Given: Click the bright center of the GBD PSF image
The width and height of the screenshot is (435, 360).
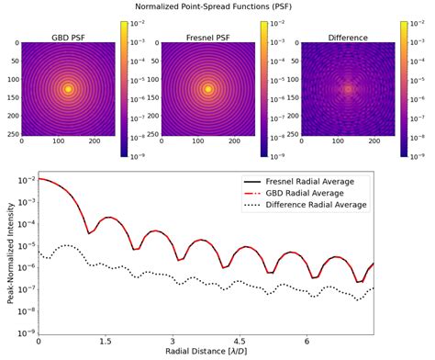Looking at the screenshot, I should click(69, 89).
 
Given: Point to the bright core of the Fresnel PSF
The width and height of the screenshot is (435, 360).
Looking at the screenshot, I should click(208, 89).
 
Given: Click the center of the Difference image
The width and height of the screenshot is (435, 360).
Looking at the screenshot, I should click(348, 89).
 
